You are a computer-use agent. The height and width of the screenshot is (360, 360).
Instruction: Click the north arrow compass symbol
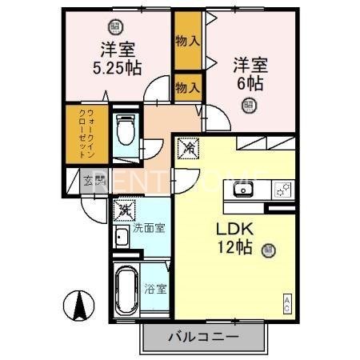(81, 307)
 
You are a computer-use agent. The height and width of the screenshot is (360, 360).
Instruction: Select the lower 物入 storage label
(186, 86)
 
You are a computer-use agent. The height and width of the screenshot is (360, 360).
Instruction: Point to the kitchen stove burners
(282, 190)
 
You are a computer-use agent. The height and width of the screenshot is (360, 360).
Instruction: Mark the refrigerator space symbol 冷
(189, 147)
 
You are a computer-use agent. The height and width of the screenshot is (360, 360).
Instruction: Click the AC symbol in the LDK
(287, 303)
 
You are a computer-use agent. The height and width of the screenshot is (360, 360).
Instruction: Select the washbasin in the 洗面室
(122, 237)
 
